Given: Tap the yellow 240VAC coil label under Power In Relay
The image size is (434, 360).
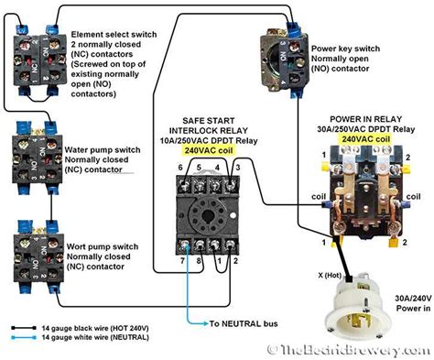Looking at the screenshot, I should coord(366,138).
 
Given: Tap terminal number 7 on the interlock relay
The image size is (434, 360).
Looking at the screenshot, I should coord(183,261).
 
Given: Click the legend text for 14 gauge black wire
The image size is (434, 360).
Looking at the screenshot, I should coord(95,327).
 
